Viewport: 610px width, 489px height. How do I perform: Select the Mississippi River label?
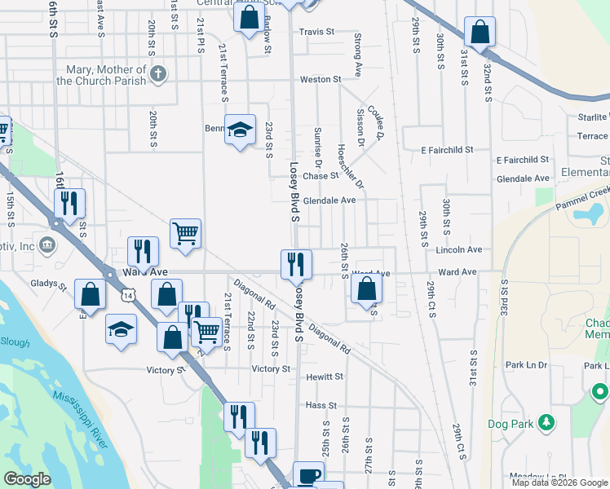pos(80,418)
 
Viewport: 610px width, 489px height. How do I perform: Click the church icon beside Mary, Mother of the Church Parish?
pos(158,76)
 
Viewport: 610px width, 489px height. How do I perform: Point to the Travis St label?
pos(316,32)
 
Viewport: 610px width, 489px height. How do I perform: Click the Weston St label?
pos(320,79)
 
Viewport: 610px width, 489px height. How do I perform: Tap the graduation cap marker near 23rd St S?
pos(240,130)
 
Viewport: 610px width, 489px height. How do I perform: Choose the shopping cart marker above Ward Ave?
pos(186,233)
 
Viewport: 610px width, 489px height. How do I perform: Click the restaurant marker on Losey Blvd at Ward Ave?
pos(296,263)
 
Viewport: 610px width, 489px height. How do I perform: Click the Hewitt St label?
pos(325,377)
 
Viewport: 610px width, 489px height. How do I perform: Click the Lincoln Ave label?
pos(460,249)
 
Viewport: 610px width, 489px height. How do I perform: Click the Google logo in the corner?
pos(28,478)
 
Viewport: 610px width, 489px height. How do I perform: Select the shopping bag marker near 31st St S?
pos(481,33)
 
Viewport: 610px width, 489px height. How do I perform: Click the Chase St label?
pos(320,175)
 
